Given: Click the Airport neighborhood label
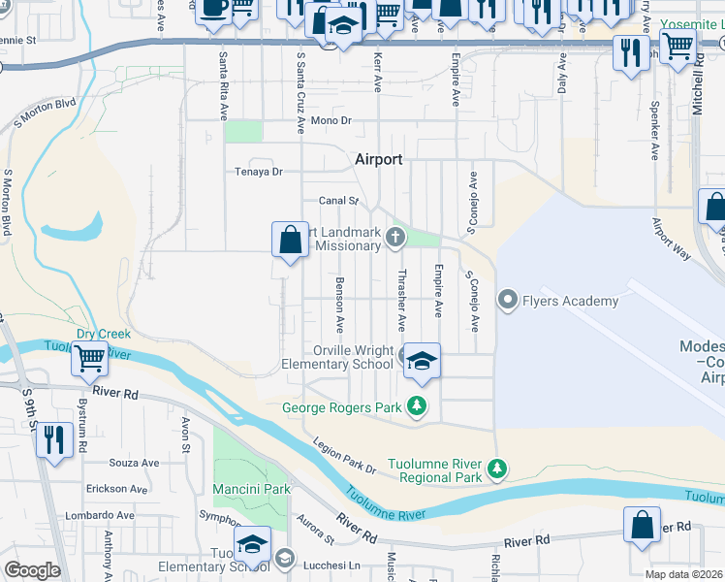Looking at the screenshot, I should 378,159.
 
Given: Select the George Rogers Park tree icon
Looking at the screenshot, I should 417,406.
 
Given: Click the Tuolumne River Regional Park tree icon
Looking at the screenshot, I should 496,469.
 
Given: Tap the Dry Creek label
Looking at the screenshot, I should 105,334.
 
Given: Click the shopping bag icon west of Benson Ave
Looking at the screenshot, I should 291,240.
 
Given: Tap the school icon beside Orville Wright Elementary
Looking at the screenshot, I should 422,361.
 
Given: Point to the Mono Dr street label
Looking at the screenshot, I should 331,121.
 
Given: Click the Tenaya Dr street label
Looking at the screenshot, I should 258,172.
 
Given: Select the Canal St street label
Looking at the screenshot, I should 339,202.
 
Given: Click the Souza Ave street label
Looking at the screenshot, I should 137,463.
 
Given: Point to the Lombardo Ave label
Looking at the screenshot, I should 100,515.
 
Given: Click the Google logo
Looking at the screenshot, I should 32,570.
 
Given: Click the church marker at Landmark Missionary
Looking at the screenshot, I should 394,236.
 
